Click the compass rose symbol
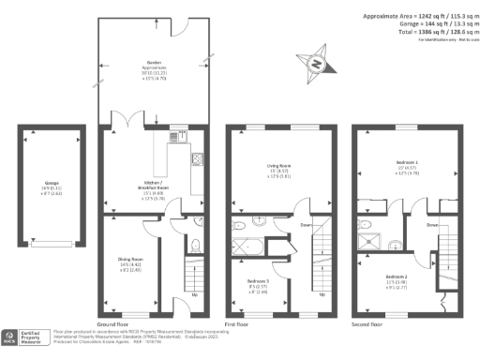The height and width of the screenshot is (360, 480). [317, 65]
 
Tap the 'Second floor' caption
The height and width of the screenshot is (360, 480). [367, 322]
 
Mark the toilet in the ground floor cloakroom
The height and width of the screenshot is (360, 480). [195, 246]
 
